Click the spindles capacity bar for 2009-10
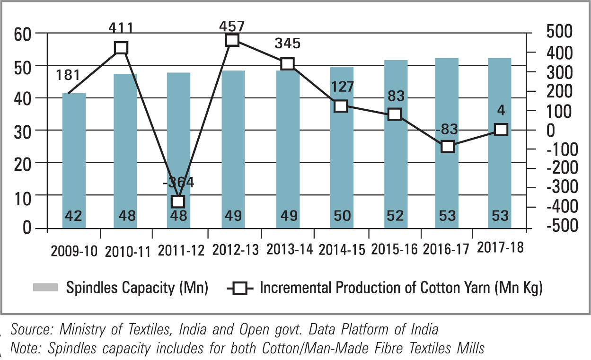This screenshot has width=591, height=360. [74, 161]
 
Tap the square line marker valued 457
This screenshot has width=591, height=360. [232, 40]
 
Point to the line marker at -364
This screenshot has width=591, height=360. [178, 202]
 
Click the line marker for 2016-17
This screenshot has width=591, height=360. [448, 146]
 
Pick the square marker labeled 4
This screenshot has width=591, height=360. [501, 130]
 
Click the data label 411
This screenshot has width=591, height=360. [120, 29]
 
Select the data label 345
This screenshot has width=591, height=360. [287, 44]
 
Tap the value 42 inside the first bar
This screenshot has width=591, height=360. [73, 216]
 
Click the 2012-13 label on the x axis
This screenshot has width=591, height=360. [236, 249]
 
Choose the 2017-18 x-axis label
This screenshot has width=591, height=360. [501, 247]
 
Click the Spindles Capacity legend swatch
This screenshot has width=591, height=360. [45, 288]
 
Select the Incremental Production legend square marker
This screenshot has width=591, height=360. [241, 288]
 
